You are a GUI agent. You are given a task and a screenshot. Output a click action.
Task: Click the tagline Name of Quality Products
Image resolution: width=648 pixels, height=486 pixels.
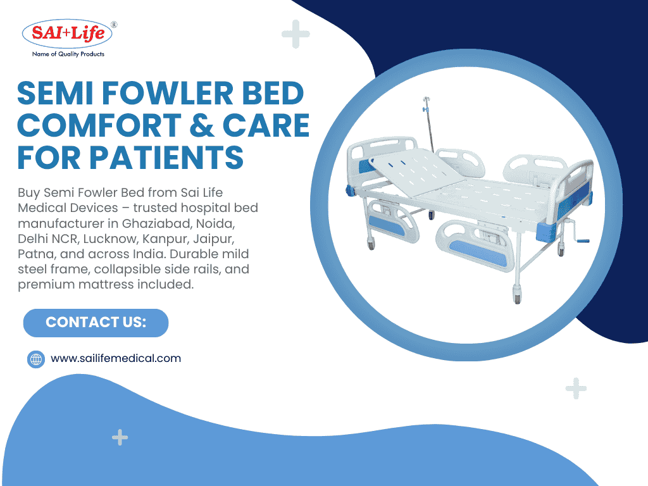pyautogui.click(x=68, y=54)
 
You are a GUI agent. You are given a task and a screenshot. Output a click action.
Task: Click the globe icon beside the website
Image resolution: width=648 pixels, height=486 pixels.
pyautogui.click(x=36, y=359)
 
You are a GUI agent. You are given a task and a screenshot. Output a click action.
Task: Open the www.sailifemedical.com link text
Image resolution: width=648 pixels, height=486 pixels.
pyautogui.click(x=116, y=358)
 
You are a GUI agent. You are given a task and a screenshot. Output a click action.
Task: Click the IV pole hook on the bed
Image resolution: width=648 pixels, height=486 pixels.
pyautogui.click(x=425, y=101)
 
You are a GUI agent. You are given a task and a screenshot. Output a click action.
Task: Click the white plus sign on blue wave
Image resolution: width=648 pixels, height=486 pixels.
pyautogui.click(x=120, y=437)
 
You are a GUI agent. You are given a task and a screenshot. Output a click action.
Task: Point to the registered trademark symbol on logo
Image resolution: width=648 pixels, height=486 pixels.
pyautogui.click(x=113, y=24)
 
